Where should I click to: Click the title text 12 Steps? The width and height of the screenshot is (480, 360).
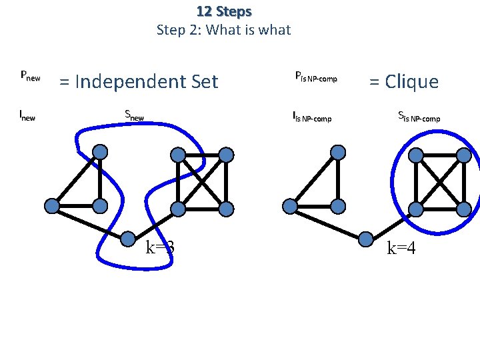point(224,11)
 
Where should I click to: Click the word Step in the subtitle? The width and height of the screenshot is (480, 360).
point(169,29)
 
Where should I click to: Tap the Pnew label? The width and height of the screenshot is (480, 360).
point(31,76)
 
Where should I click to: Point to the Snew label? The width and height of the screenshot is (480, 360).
point(135,115)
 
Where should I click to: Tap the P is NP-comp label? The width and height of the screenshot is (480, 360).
point(315,77)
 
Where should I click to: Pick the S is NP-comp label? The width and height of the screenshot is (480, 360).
point(419,117)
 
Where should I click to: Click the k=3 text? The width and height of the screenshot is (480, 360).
point(160,248)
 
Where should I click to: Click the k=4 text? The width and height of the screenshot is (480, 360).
point(402,248)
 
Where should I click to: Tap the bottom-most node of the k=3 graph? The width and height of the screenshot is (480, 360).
point(127,237)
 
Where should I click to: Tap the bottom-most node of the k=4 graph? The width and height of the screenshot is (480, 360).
point(366,237)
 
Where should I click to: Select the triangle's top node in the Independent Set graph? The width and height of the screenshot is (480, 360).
point(100,153)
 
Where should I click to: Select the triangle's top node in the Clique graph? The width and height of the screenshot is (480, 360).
point(339,153)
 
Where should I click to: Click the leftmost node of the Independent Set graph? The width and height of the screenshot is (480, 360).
point(51,206)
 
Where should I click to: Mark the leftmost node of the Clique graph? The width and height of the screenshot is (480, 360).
point(290,206)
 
